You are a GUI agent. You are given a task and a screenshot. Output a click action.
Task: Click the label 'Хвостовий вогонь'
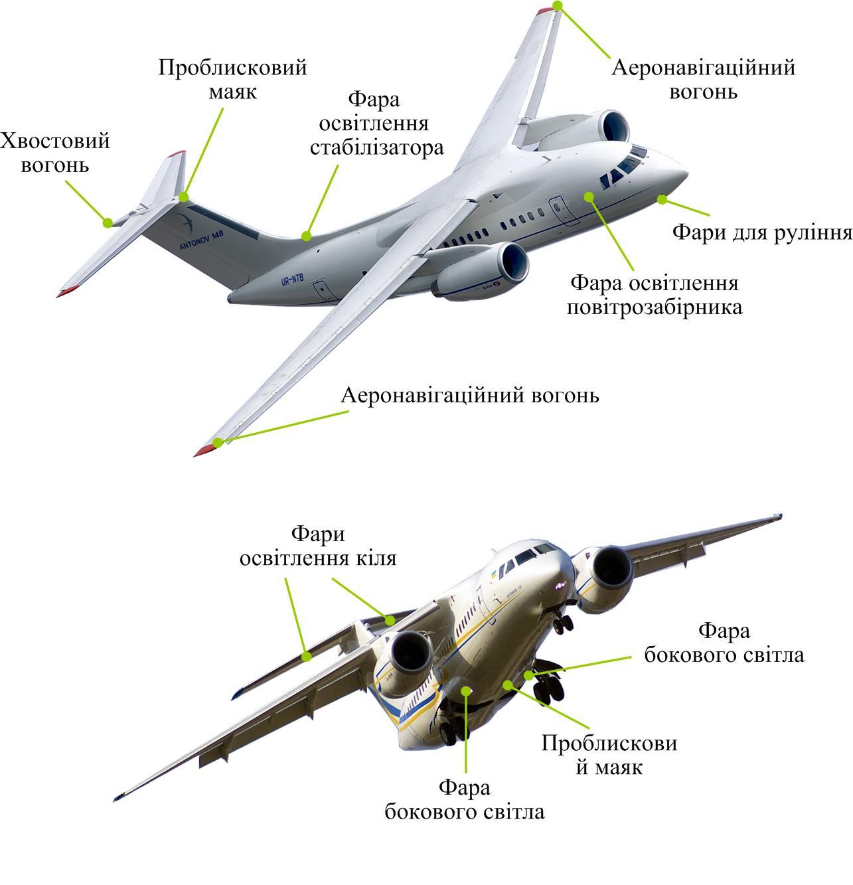[x=55, y=153]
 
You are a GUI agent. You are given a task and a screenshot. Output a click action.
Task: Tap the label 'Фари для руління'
[x=761, y=233]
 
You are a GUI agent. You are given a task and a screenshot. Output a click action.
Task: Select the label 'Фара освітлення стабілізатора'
[x=376, y=123]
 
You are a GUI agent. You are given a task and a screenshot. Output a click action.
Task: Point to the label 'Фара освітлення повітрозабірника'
[x=655, y=295]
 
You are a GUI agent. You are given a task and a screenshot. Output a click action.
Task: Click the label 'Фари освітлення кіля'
[x=318, y=546]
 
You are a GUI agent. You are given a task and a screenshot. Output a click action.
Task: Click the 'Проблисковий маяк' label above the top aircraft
[x=232, y=79]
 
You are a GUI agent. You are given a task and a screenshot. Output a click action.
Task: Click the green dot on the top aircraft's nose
[x=661, y=199]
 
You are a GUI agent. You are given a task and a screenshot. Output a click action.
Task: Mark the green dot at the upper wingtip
[x=558, y=5]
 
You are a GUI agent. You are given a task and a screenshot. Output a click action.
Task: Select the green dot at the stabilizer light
[x=306, y=236]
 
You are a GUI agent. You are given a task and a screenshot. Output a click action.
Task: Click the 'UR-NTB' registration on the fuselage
[x=291, y=280]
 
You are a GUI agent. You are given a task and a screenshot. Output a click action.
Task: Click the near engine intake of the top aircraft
[x=514, y=262]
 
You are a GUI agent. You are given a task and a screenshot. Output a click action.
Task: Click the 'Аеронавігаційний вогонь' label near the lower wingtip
[x=469, y=395]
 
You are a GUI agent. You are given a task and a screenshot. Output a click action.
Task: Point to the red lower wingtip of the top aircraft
[x=205, y=449]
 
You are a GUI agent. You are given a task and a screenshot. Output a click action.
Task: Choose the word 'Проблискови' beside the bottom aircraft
[x=609, y=743]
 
